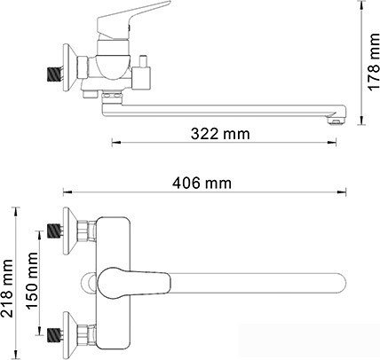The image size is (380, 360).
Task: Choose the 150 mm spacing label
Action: click(x=32, y=278)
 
